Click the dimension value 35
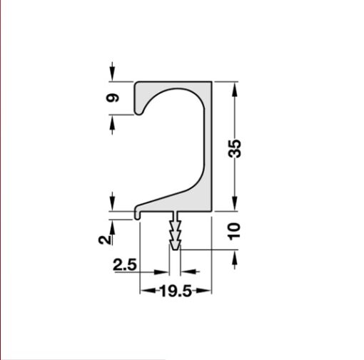[236, 148]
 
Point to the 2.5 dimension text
[124, 265]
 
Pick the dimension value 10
[236, 230]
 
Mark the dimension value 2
[106, 239]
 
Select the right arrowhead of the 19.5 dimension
[208, 290]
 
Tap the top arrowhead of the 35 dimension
[236, 86]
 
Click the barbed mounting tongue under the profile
[175, 232]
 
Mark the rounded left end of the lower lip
[137, 212]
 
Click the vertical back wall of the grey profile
[209, 143]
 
